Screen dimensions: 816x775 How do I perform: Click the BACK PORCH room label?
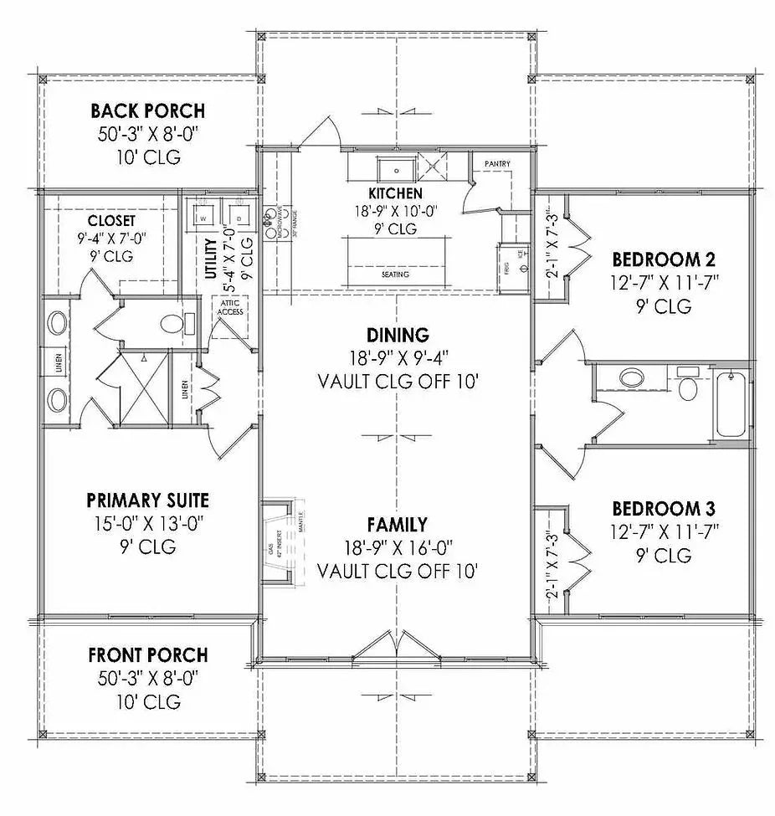pos(147,111)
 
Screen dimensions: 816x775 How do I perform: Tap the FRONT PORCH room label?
pos(147,655)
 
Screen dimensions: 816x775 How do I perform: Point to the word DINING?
pos(398,336)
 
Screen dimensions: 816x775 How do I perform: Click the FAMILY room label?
pos(397,526)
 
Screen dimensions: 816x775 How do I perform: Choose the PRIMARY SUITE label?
pos(147,500)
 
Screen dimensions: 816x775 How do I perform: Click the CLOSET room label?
pos(110,220)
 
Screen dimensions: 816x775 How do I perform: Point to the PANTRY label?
pos(496,164)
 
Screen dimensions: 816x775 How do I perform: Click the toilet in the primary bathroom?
pos(174,322)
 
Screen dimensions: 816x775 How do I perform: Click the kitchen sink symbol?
pos(393,170)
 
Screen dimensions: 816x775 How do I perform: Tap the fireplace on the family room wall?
pos(276,540)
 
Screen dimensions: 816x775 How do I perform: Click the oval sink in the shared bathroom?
pos(634,377)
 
